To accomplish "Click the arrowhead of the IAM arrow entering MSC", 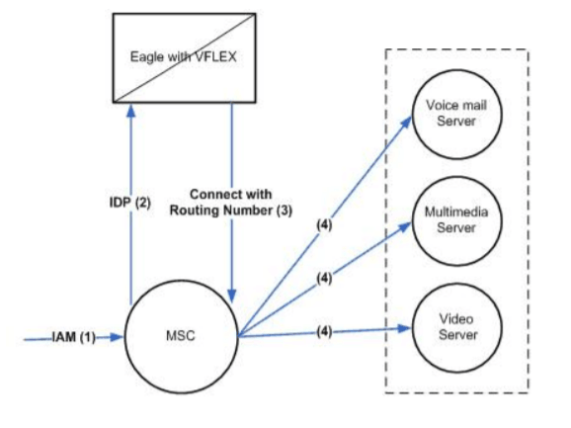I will [x=120, y=338].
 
